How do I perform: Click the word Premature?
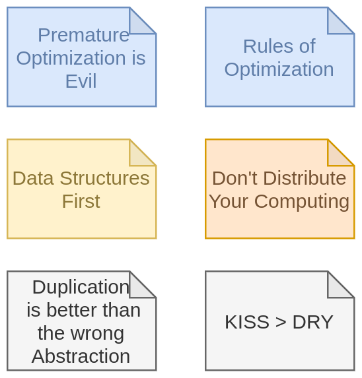coord(83,35)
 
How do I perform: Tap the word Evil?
coord(81,81)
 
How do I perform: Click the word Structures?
coord(105,178)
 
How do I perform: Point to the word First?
coord(81,201)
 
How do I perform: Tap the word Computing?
coord(302,202)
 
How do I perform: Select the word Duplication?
coord(81,287)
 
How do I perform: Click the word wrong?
coord(98,334)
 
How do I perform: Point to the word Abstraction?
coord(81,356)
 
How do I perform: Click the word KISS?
coord(247,322)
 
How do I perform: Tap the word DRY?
coord(313,322)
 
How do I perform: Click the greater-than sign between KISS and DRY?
coord(281,323)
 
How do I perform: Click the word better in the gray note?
coord(72,310)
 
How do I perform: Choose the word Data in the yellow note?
coord(33,178)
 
